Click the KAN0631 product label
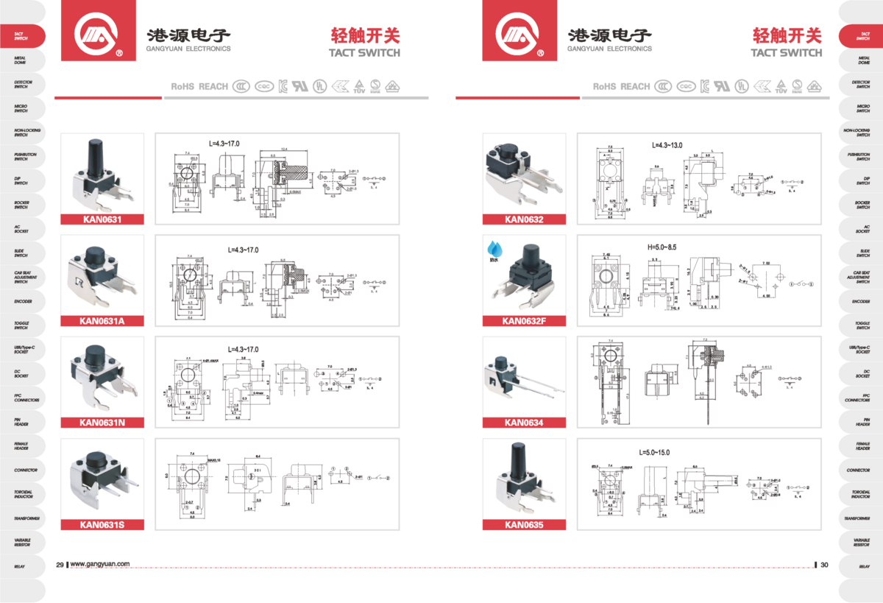click(x=102, y=219)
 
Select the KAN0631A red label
click(x=102, y=321)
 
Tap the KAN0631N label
click(x=102, y=423)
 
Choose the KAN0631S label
click(x=102, y=525)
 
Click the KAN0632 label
click(x=523, y=219)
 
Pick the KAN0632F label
click(x=523, y=321)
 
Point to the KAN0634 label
click(x=523, y=423)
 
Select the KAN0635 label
click(x=523, y=525)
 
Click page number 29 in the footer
click(x=60, y=565)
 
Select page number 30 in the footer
click(x=824, y=565)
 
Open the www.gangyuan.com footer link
click(x=100, y=565)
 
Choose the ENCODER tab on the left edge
click(x=21, y=302)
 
